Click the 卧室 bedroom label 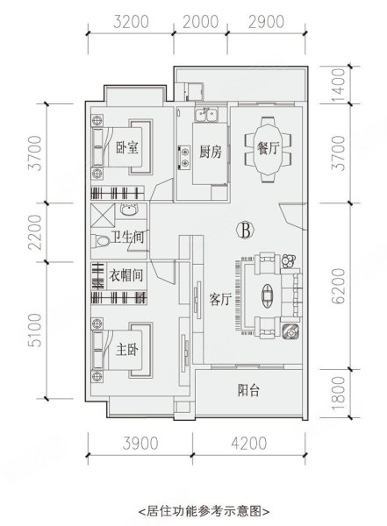point(127,147)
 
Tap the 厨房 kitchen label point(211,152)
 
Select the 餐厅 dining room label point(269,148)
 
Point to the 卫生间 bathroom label point(127,238)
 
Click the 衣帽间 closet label point(125,276)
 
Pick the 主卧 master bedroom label point(127,350)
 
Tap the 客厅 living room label point(221,299)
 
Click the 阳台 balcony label point(248,390)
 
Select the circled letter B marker point(246,230)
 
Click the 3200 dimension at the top point(131,22)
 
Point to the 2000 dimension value point(201,22)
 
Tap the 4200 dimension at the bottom point(249,443)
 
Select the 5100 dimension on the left point(35,331)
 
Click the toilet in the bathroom point(100,241)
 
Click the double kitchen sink point(206,114)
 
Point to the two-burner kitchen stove point(184,157)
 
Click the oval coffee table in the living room point(268,295)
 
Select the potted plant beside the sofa point(289,261)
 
